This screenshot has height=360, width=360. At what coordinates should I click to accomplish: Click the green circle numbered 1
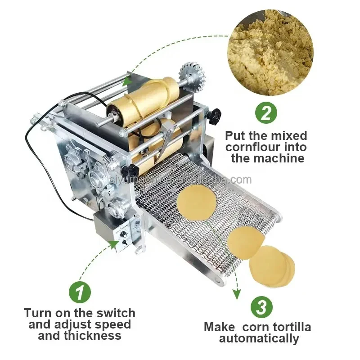(79, 292)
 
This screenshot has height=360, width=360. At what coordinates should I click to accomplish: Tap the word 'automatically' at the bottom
(259, 338)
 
